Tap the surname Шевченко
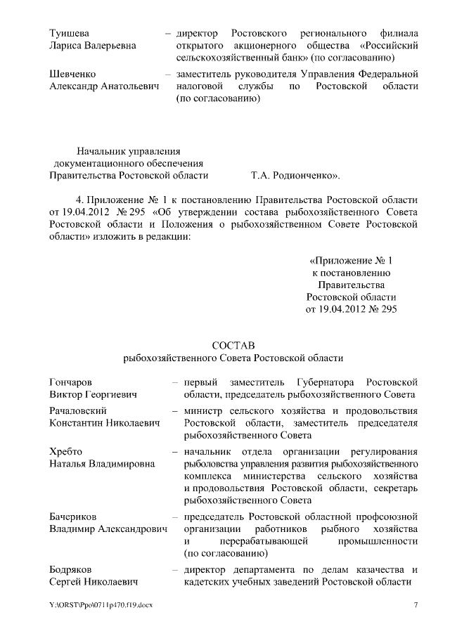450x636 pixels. click(x=73, y=73)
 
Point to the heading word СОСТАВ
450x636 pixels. click(x=233, y=345)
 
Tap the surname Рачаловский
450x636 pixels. click(x=78, y=410)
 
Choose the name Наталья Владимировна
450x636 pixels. click(x=103, y=464)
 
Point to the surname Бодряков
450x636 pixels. click(x=72, y=569)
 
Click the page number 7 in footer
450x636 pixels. click(x=416, y=605)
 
